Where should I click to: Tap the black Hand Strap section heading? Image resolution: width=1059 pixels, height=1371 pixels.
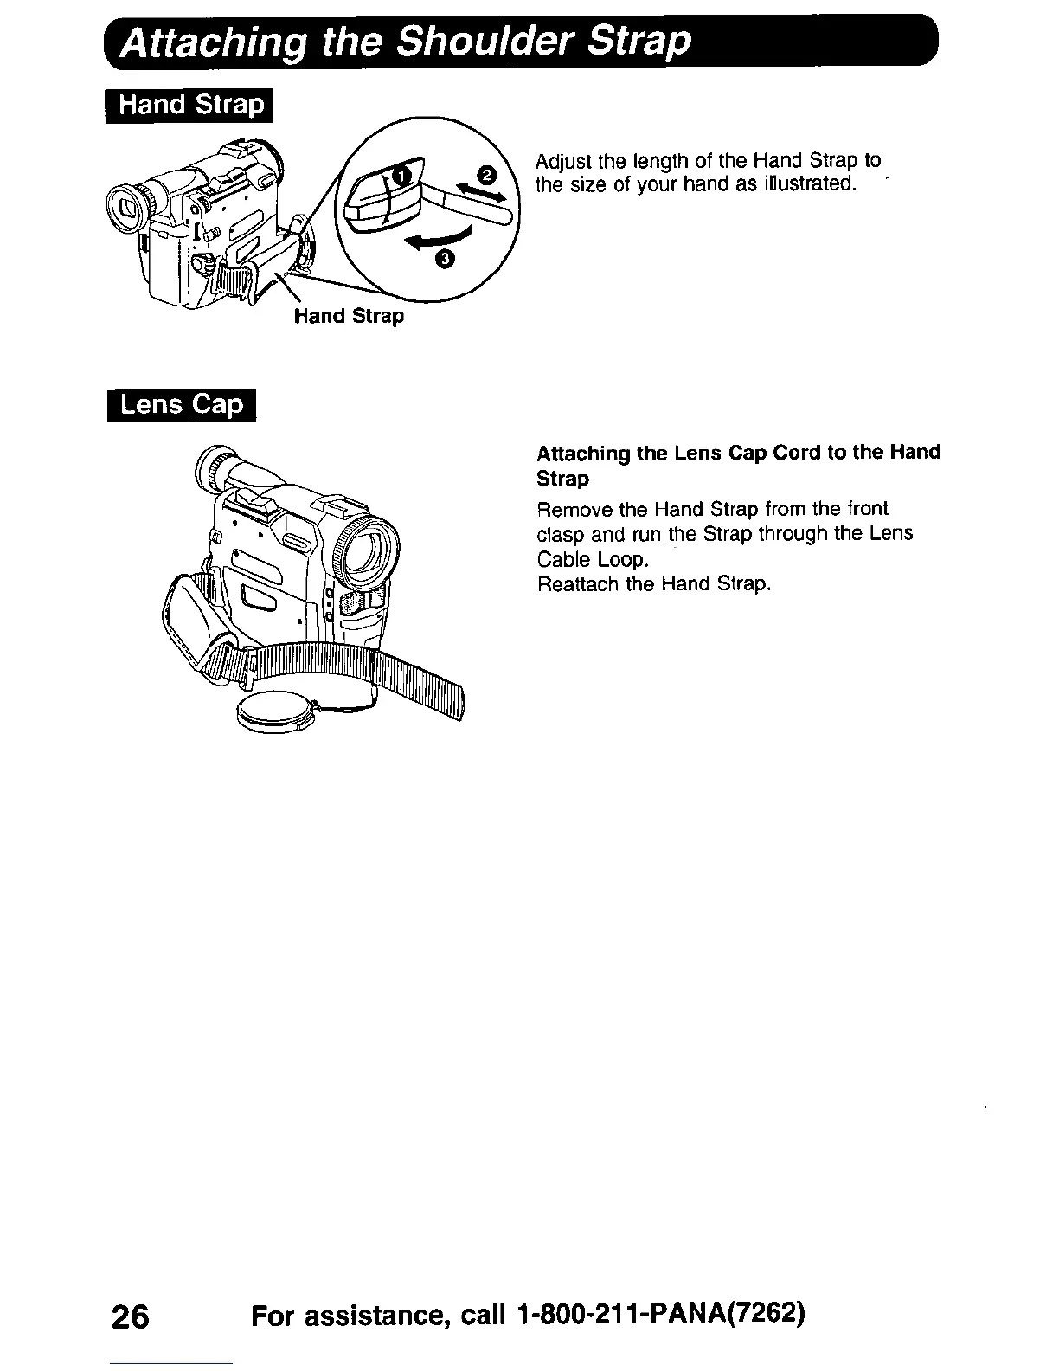click(189, 106)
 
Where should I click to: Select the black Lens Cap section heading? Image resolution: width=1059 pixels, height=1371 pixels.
click(182, 405)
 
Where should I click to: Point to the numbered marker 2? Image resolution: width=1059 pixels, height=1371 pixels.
click(486, 177)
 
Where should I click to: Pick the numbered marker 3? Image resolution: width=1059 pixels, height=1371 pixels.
click(445, 259)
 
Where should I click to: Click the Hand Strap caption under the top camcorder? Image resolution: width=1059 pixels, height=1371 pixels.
click(349, 317)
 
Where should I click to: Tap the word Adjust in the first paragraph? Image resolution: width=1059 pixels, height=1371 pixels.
click(563, 161)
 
